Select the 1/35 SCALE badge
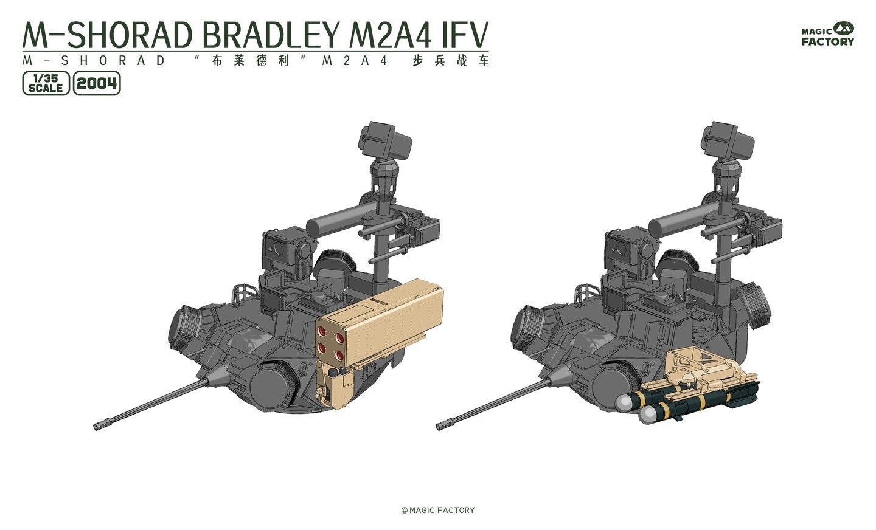point(46,83)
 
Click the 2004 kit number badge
point(97,83)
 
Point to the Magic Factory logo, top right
point(827,35)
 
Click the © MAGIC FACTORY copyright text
point(438,510)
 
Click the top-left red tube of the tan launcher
point(322,331)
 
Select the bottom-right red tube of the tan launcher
point(339,355)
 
